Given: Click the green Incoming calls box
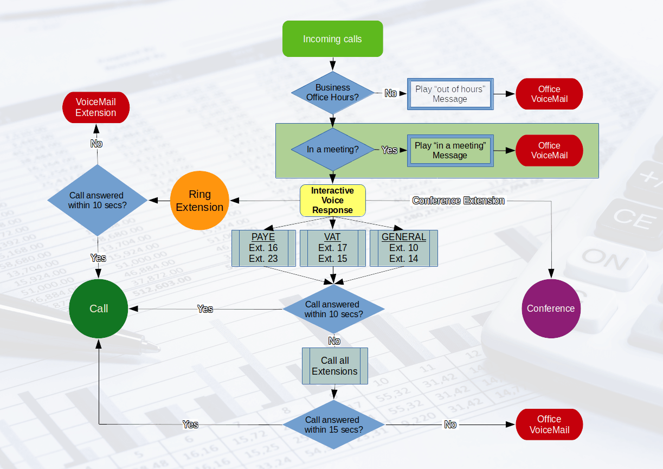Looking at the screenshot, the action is [333, 39].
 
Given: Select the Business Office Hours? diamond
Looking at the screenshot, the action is [333, 93].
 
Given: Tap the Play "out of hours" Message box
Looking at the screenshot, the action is [450, 94].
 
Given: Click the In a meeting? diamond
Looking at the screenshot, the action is [333, 150].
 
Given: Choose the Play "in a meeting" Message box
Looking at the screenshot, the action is [450, 150].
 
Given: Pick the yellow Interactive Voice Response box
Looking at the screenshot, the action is [333, 201].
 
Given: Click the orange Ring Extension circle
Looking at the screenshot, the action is [200, 201].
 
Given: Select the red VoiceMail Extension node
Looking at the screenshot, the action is [96, 107].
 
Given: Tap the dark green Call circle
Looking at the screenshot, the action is [99, 309].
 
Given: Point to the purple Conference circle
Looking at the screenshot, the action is [551, 309].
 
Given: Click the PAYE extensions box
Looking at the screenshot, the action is [263, 248].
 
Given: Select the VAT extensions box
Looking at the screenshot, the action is [333, 248].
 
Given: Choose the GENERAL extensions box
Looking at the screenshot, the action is [404, 248].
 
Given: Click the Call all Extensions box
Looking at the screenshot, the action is [335, 366].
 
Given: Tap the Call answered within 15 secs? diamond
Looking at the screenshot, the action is [333, 425].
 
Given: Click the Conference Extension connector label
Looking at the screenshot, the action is [459, 201].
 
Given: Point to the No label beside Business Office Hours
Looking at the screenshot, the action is [391, 93].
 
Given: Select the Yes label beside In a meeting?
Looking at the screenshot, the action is [389, 150].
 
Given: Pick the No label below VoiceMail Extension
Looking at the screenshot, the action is [96, 144].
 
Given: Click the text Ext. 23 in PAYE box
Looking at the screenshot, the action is [263, 259].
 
